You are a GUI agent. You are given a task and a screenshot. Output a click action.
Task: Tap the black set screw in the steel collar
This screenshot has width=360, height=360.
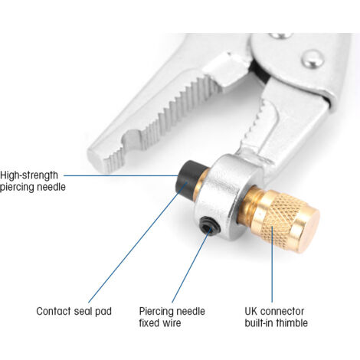pos(209,225)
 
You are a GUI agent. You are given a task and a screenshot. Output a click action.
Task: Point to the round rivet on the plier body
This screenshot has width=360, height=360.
pos(313,60)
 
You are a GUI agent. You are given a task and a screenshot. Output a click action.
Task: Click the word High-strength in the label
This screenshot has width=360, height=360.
pos(29,175)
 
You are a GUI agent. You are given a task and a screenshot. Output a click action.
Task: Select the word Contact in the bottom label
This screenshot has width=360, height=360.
pos(54,311)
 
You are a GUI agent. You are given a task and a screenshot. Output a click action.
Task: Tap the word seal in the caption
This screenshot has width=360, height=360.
pos(83,311)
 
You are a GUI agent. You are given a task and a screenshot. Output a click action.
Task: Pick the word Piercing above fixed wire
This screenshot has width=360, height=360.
pos(156,312)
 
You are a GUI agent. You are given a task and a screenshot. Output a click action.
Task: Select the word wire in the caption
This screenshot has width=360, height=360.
pos(172,323)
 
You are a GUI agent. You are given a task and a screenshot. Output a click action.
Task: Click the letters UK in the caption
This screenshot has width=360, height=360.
pos(251,311)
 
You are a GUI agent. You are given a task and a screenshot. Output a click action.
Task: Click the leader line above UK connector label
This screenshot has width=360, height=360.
pos(272,264)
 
